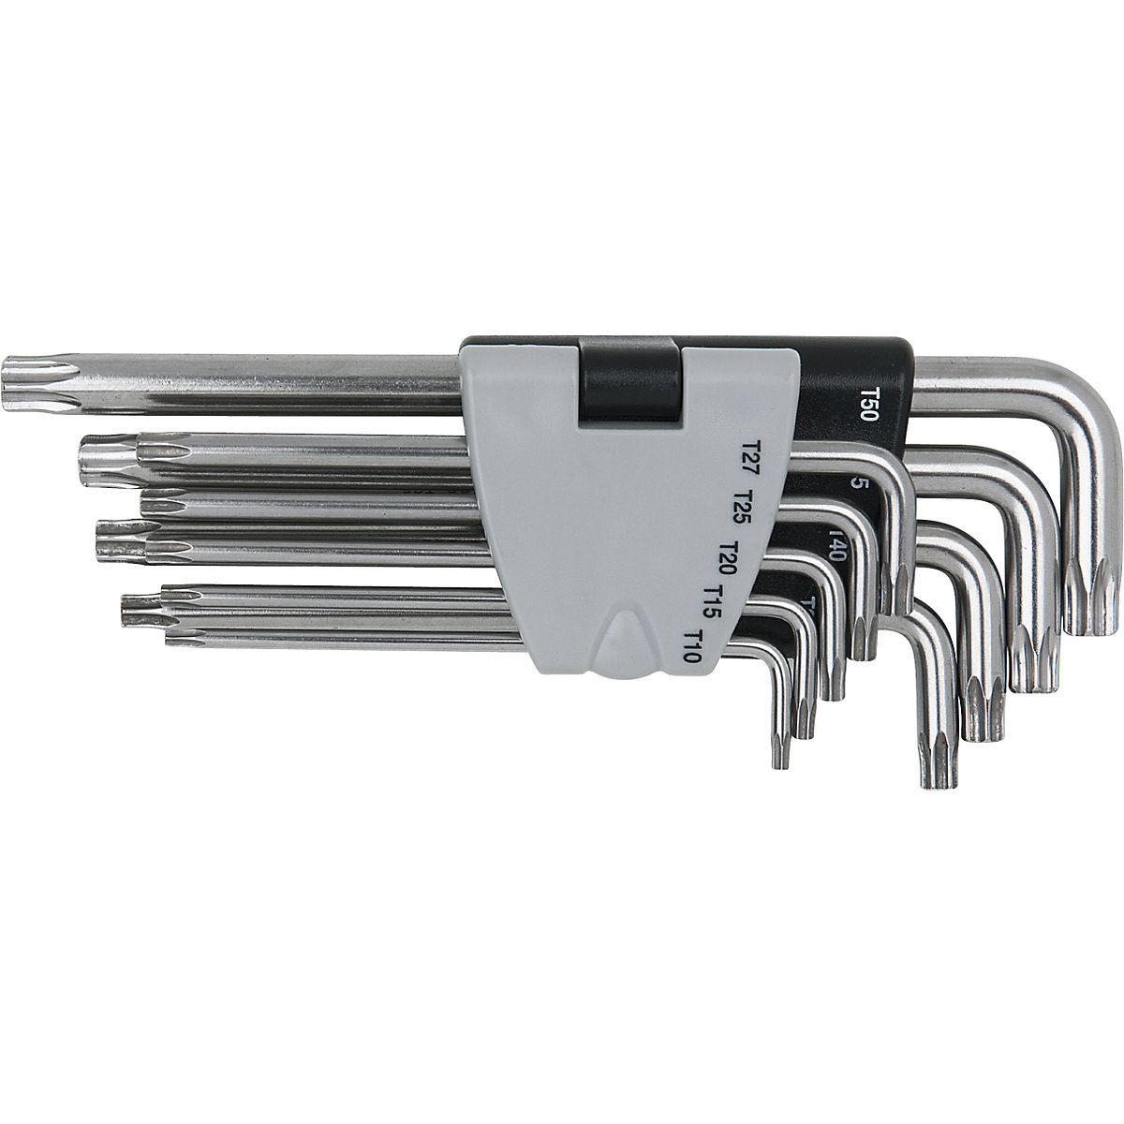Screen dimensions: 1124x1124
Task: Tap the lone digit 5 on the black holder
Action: click(855, 483)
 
